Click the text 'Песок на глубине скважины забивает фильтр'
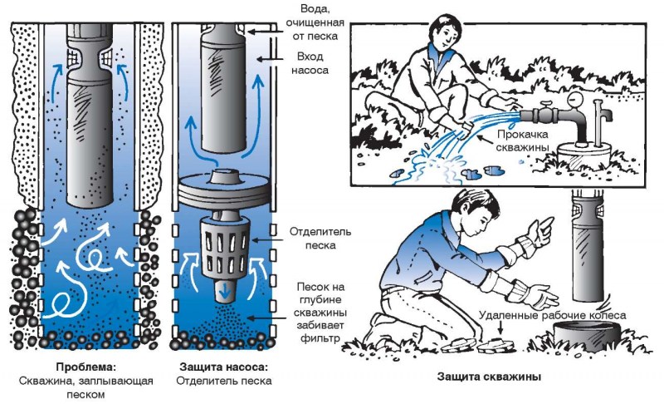(315, 308)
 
